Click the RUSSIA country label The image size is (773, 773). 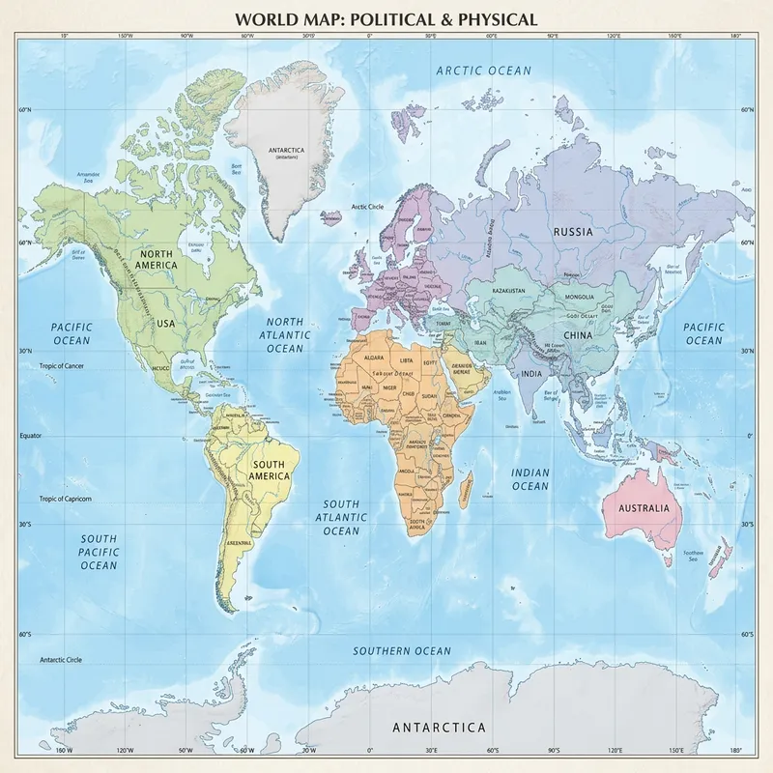(x=572, y=232)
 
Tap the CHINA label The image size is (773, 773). (x=550, y=335)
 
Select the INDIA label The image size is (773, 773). (x=531, y=373)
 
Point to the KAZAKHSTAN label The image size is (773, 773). (x=508, y=290)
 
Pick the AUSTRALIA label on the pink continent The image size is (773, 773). (x=644, y=508)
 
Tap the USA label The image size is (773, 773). (x=165, y=324)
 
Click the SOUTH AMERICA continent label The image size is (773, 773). (x=270, y=470)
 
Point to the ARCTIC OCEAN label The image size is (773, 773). (x=483, y=71)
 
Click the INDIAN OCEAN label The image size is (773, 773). (x=530, y=479)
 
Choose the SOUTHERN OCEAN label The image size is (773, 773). (x=401, y=651)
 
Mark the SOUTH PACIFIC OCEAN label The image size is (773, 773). (x=99, y=552)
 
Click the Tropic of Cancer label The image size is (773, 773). (x=63, y=366)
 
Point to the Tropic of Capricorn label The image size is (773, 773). (x=66, y=499)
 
